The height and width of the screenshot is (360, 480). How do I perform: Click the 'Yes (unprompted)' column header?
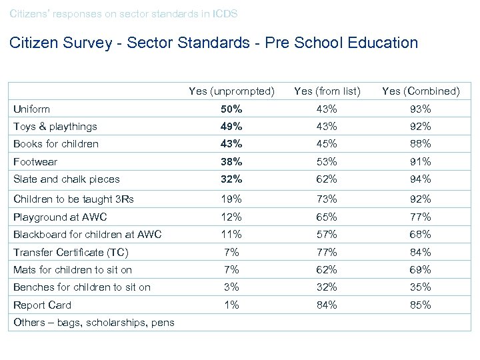point(231,91)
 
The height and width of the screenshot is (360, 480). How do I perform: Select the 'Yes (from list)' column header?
point(327,91)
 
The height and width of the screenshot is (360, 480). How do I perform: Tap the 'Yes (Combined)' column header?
point(421,91)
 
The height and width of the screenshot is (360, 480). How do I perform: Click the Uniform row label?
point(32,109)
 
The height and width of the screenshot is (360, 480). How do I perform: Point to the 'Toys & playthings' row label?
point(55,127)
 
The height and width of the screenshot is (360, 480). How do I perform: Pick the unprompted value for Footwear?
point(231,161)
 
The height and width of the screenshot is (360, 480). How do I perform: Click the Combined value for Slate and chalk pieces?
point(421,179)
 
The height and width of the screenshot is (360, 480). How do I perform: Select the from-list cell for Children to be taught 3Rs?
point(327,199)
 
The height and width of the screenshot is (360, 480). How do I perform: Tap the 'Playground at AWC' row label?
point(60,217)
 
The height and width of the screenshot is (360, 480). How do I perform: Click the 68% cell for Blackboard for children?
point(421,234)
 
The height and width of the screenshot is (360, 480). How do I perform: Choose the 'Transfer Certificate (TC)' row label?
point(71,252)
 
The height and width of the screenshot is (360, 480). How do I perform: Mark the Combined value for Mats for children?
point(421,269)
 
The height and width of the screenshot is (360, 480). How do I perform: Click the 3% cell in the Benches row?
point(231,287)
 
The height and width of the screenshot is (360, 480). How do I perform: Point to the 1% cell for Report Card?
point(231,305)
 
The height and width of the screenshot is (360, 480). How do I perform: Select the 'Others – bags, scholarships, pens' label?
point(94,323)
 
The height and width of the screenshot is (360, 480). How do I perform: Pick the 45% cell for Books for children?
point(327,143)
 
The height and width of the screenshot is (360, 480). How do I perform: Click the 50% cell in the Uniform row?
point(231,109)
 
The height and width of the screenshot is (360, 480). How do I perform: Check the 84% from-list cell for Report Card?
point(327,305)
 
